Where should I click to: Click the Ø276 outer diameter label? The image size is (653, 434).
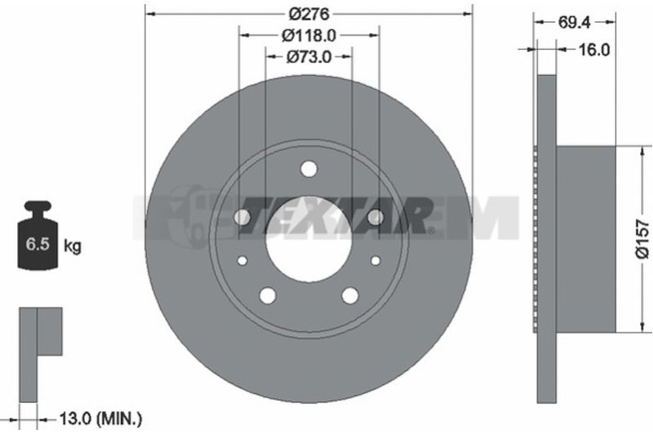(309, 14)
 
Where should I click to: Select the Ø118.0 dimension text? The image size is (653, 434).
(309, 36)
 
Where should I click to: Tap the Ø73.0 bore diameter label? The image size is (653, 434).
(309, 57)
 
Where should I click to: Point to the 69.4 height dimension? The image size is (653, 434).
(575, 23)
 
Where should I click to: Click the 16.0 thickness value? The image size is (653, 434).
(594, 50)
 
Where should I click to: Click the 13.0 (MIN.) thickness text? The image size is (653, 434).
(100, 418)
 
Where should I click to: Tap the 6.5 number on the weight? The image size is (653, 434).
(38, 244)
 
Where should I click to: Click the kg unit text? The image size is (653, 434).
(72, 246)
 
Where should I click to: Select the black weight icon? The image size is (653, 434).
(37, 235)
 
